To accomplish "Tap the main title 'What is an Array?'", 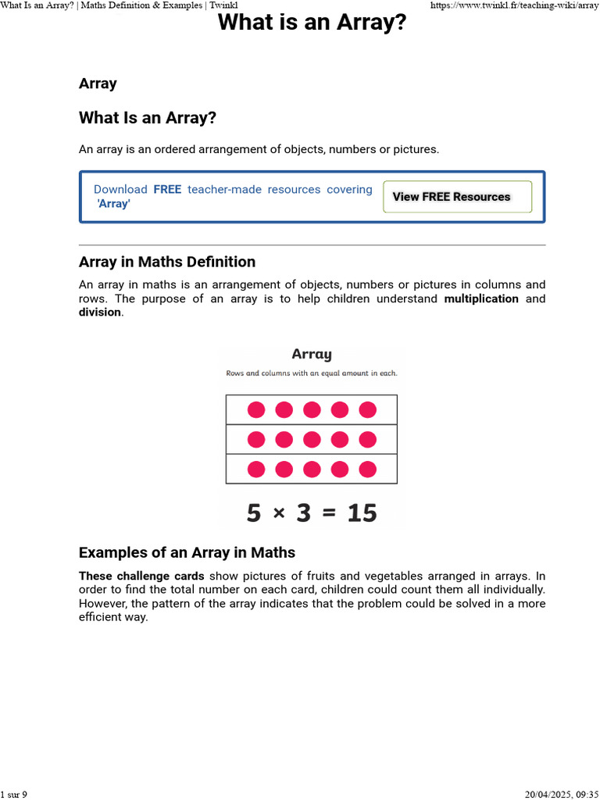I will pos(312,23).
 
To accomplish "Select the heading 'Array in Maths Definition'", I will pos(167,262).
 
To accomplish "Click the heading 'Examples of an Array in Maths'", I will pos(187,552).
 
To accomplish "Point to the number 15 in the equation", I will pos(362,512).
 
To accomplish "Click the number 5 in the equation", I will pos(254,512).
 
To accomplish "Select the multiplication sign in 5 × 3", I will pos(279,513).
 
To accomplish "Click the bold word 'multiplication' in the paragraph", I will pos(481,298).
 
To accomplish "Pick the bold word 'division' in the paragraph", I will pos(100,312).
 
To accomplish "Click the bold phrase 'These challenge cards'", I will pos(141,576).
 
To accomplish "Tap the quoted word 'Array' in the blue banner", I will pos(113,204).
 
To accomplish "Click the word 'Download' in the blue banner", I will pos(120,189).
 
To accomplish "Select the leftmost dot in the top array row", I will pos(256,409).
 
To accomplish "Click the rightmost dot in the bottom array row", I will pos(368,469).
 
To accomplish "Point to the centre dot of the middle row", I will pos(312,439).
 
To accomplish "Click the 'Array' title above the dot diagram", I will pos(312,354).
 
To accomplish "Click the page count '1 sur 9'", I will pos(14,795).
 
